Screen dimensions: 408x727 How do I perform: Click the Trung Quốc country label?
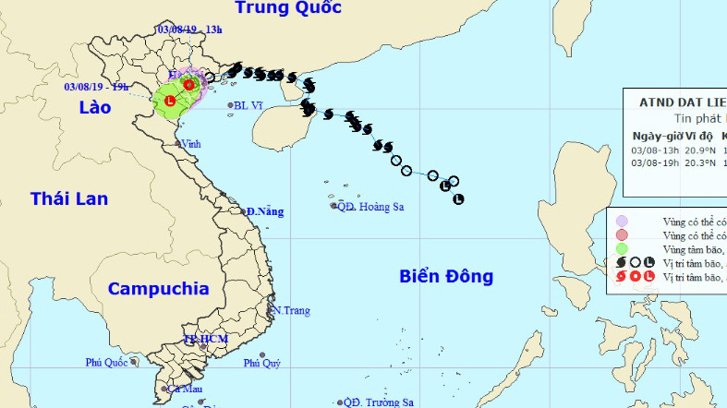288,8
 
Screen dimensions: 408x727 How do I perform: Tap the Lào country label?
94,108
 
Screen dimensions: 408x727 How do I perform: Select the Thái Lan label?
68,198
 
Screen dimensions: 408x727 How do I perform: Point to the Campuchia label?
158,288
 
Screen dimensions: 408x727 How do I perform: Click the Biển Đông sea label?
446,276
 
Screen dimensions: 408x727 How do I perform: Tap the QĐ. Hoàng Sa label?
370,207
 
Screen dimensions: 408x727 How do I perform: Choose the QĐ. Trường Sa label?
378,402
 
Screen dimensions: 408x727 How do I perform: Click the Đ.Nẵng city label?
264,211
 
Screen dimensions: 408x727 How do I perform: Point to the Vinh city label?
190,144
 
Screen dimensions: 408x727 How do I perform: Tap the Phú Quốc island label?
105,362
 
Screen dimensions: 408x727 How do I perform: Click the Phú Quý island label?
262,364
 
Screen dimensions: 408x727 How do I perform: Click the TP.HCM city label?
205,340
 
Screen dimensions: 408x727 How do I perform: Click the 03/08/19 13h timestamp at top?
189,30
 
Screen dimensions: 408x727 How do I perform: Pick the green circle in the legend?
622,248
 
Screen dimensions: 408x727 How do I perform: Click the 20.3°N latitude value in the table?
699,161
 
